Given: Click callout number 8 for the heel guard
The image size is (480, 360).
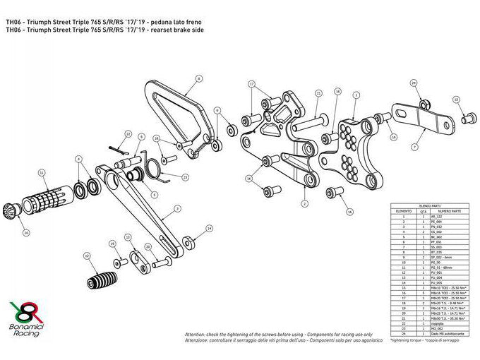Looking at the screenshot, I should tap(199, 78).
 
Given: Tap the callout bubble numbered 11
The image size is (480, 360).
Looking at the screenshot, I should tap(42, 172).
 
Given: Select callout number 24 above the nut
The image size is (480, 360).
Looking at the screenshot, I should tap(414, 83).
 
